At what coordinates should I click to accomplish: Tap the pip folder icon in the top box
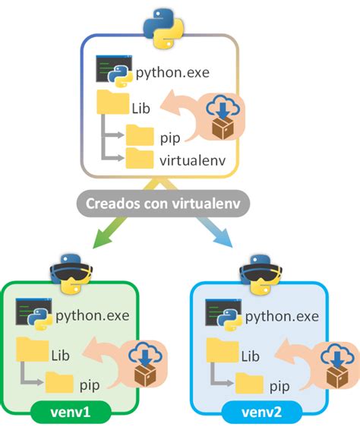[x=140, y=135]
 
